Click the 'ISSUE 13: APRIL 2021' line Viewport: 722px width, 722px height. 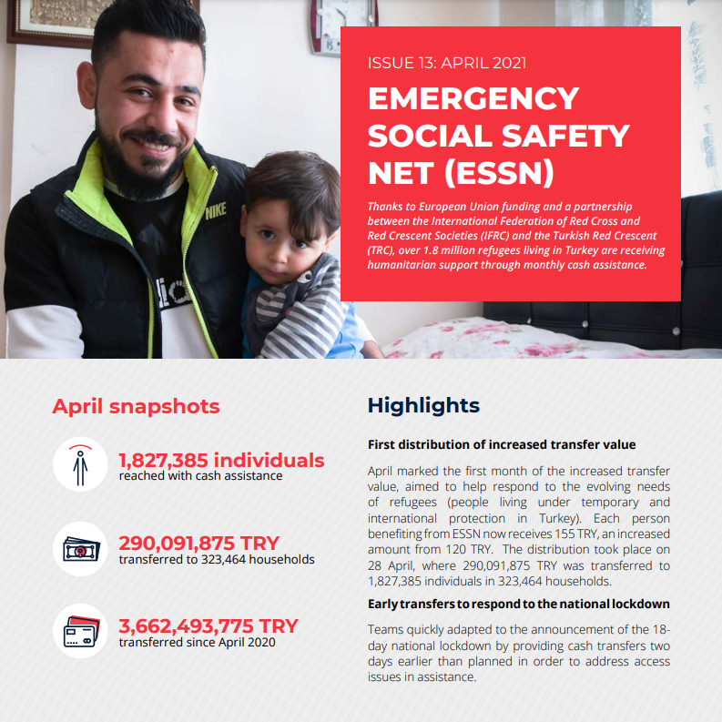coord(446,63)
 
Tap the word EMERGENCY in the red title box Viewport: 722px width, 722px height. coord(473,98)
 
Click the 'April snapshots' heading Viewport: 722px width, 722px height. coord(136,406)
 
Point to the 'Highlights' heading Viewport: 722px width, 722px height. coord(423,405)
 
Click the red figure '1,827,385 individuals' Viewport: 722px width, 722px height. coord(221,460)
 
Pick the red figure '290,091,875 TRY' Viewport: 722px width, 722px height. coord(198,544)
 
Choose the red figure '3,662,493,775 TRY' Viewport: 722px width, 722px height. coord(208,626)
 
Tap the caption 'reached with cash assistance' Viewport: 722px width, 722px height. coord(200,475)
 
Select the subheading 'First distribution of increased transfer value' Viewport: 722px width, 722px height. coord(502,445)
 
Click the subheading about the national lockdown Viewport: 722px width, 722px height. coord(518,604)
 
